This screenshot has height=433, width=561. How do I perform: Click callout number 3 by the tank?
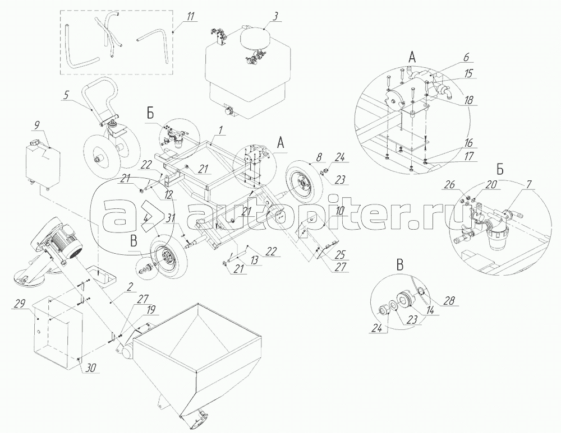pyautogui.click(x=275, y=16)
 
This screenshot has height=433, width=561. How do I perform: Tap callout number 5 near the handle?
pyautogui.click(x=66, y=96)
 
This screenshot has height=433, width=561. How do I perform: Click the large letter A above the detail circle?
pyautogui.click(x=412, y=57)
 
